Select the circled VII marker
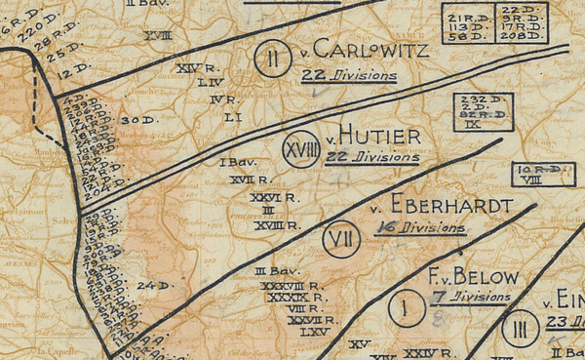point(336,239)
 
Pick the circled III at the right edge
point(521,328)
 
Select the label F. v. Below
point(470,276)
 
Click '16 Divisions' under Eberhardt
point(419,228)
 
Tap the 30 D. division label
point(141,120)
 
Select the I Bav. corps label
point(235,162)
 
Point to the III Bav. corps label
point(274,270)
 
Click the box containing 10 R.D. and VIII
point(540,175)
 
